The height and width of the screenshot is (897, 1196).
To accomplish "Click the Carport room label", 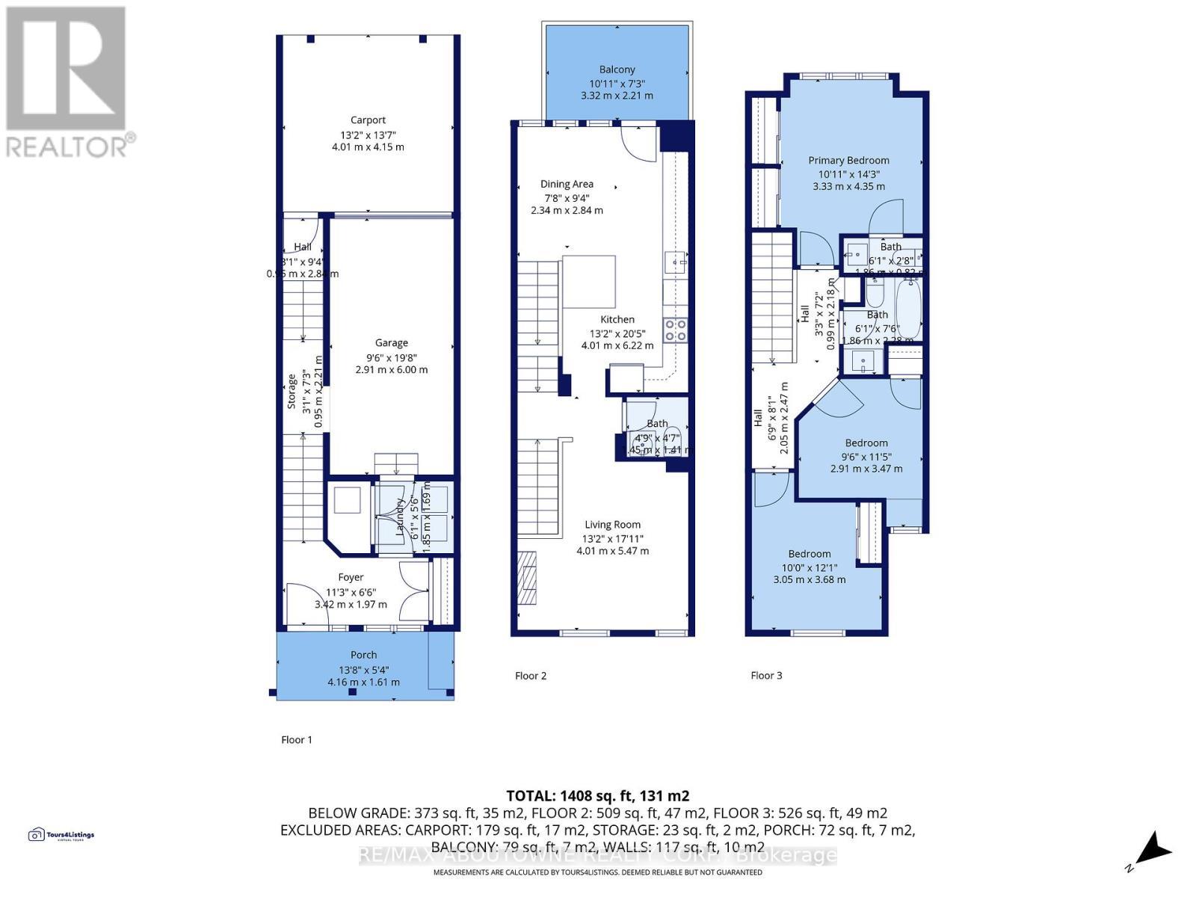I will tap(368, 120).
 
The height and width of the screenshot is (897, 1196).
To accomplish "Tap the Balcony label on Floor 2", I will tap(617, 70).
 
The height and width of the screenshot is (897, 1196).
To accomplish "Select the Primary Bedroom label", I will tap(848, 160).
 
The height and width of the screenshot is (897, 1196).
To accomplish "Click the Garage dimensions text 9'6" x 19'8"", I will tap(391, 357).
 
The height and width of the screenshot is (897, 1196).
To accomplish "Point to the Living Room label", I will tap(612, 525).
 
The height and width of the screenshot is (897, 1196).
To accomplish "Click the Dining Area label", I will tap(567, 184).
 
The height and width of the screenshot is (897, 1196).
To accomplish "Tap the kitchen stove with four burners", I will tap(676, 330).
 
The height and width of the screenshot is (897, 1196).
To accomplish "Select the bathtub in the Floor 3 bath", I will tap(907, 309).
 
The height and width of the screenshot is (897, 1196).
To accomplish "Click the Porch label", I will tap(364, 655).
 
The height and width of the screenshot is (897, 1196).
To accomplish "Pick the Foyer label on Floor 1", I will tap(351, 577).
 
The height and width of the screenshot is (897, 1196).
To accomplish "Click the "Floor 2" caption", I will tap(531, 676).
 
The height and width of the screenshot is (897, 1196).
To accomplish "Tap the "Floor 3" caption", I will tap(766, 675).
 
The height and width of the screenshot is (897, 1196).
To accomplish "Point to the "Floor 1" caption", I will tap(297, 739).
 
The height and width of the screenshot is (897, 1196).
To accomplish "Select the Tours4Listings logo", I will tap(61, 835).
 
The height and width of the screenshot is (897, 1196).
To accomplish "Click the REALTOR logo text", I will tap(71, 146).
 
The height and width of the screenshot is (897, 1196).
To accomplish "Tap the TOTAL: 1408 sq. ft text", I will tap(597, 796).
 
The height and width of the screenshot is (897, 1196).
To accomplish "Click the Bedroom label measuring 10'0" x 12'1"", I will tap(810, 554).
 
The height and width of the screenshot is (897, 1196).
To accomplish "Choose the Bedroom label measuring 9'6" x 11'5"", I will tap(866, 443).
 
